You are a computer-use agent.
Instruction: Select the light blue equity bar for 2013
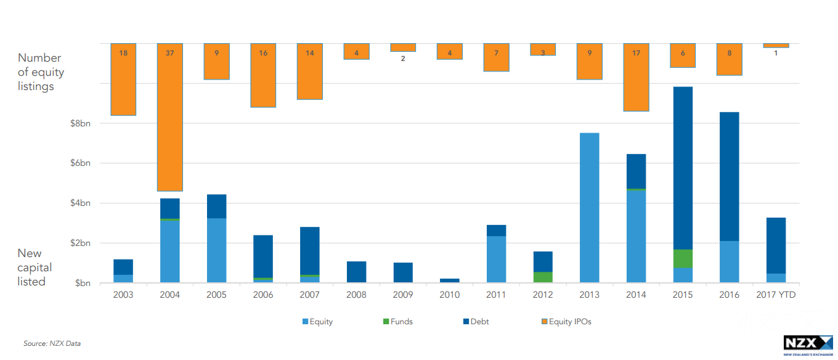pos(589,208)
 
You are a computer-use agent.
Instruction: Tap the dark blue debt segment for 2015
pos(682,168)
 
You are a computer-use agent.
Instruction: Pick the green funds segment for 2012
pos(543,277)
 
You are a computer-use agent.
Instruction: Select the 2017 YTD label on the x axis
pos(776,295)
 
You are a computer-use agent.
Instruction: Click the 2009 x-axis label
pos(403,295)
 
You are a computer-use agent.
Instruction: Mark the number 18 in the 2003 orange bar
pos(123,53)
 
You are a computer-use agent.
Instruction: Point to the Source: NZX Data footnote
pos(52,343)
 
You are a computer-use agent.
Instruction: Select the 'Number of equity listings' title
pos(40,72)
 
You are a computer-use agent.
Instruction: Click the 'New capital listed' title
pos(35,268)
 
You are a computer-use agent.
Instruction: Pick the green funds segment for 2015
pos(682,258)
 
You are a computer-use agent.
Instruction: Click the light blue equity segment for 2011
pos(496,259)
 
